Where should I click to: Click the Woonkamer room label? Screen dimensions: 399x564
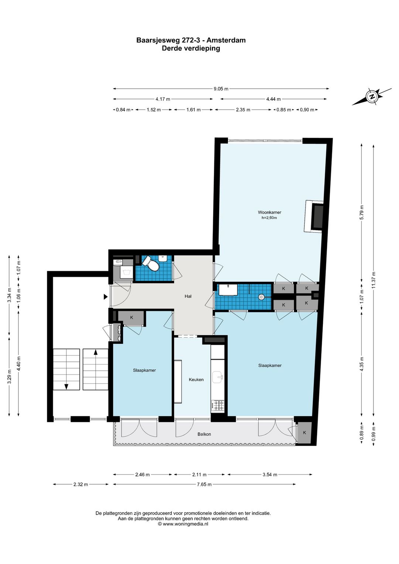[269, 212]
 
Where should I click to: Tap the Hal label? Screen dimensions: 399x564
[188, 296]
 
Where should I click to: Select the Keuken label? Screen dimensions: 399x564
[196, 380]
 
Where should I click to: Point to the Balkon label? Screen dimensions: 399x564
[204, 434]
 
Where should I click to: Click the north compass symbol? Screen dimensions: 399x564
[372, 96]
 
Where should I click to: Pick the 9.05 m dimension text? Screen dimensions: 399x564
[221, 89]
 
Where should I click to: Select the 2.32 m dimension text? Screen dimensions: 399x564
[81, 484]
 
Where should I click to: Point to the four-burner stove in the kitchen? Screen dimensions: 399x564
[217, 405]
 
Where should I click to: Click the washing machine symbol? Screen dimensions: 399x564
[126, 272]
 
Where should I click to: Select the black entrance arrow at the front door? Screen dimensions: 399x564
[106, 297]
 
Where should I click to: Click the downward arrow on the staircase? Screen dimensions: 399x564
[66, 387]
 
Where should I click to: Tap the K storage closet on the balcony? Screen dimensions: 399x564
[304, 432]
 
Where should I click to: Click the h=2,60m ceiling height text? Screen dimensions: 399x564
[269, 218]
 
